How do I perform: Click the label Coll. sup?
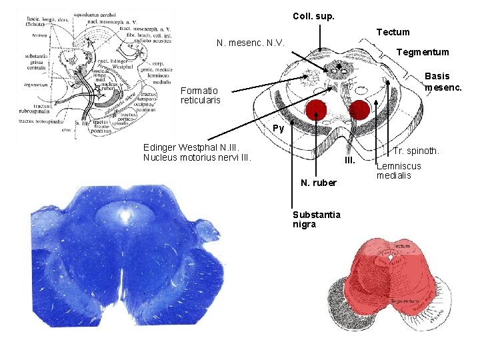click(313, 16)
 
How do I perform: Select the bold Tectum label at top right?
click(393, 32)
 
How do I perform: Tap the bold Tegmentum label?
click(423, 52)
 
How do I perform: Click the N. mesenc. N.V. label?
click(251, 43)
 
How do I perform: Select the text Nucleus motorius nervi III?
click(197, 157)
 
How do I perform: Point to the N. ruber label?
click(319, 182)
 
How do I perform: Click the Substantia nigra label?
click(317, 219)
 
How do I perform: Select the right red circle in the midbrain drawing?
click(360, 109)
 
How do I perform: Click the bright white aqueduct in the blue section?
click(125, 215)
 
